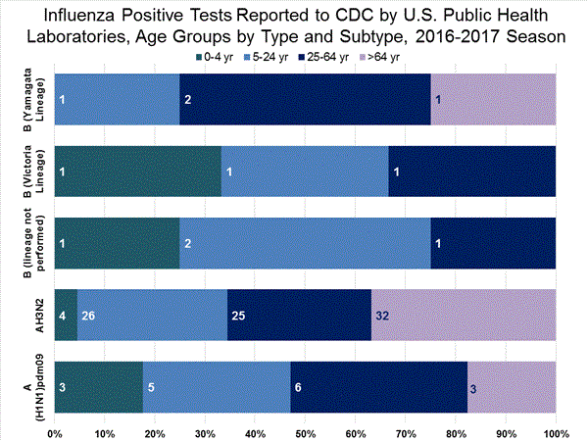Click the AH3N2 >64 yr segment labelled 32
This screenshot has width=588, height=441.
pyautogui.click(x=464, y=317)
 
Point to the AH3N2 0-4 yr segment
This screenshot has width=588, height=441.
pyautogui.click(x=66, y=317)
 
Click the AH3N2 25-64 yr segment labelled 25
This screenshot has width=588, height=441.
pyautogui.click(x=299, y=317)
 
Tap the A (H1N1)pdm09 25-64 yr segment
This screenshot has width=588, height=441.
pyautogui.click(x=379, y=387)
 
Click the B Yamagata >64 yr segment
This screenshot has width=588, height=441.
pyautogui.click(x=493, y=100)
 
